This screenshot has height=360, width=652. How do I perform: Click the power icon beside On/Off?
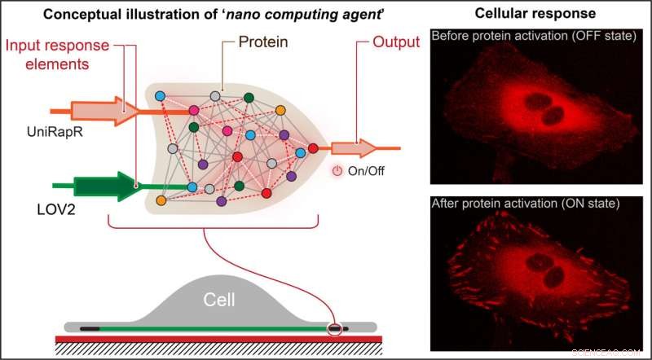coord(338,171)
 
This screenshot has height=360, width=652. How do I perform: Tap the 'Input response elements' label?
coord(50,52)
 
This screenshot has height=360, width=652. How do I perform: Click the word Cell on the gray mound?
coord(218,301)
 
